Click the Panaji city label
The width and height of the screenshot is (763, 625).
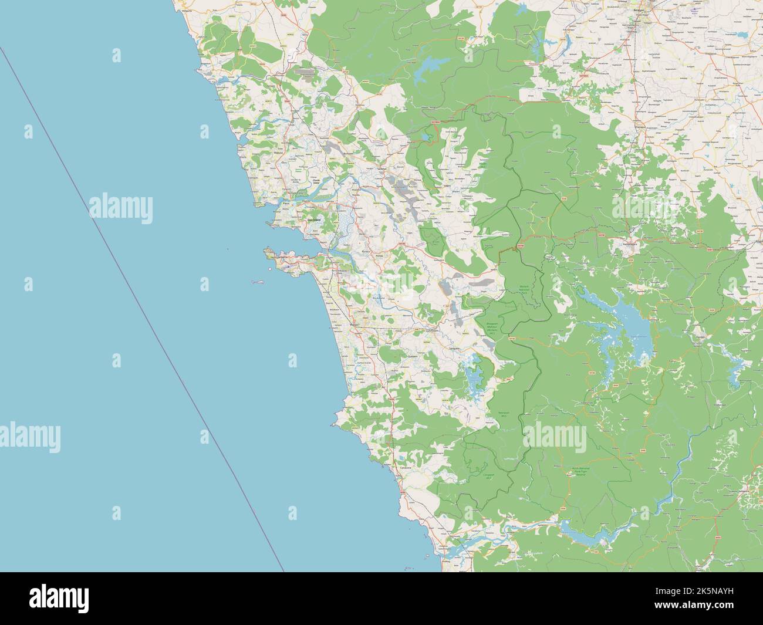pyautogui.click(x=286, y=203)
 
